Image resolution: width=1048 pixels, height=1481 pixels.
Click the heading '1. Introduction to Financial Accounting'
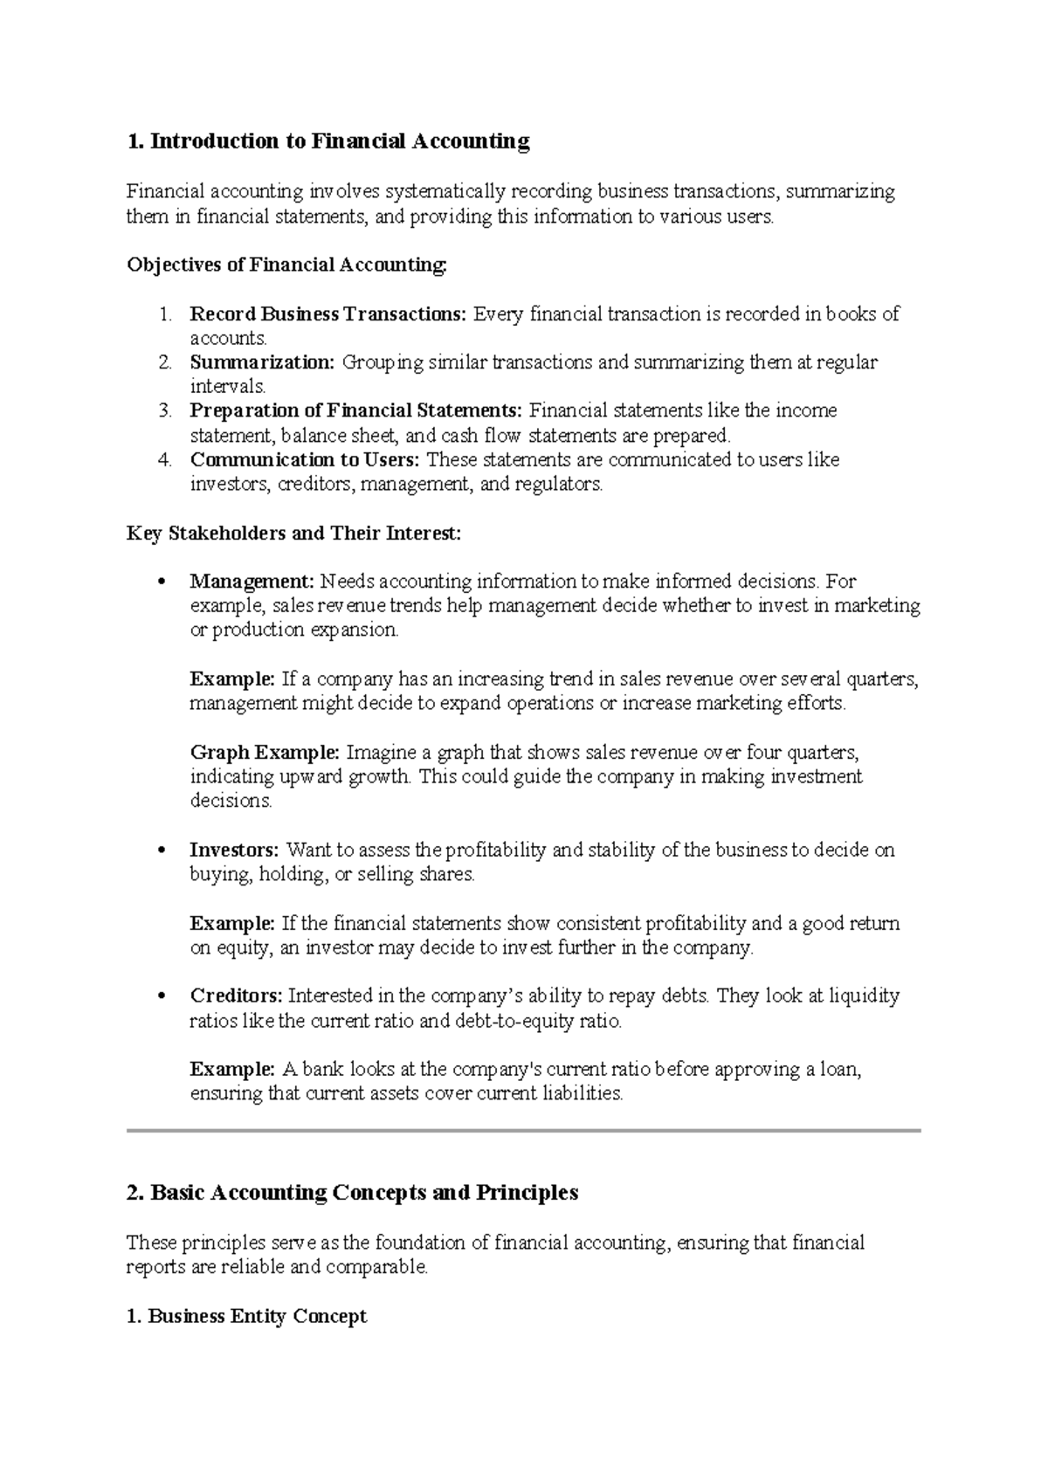click(328, 141)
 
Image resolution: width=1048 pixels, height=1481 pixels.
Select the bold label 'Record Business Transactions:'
click(328, 314)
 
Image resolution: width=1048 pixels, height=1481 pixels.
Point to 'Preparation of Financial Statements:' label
click(356, 410)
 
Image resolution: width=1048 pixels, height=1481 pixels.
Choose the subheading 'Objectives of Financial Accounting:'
click(286, 265)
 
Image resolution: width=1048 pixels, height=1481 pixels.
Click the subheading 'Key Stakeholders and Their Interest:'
click(293, 533)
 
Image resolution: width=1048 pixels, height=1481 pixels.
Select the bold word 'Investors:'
click(234, 850)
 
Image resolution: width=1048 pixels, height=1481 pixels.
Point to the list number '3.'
click(166, 410)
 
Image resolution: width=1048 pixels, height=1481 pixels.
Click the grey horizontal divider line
click(524, 1131)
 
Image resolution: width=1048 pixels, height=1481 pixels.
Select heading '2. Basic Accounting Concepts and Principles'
click(353, 1193)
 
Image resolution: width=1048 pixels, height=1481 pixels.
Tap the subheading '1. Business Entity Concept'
click(247, 1316)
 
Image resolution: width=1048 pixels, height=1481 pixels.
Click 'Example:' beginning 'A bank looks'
click(232, 1069)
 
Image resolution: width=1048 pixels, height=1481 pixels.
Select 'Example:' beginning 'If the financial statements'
click(232, 923)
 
